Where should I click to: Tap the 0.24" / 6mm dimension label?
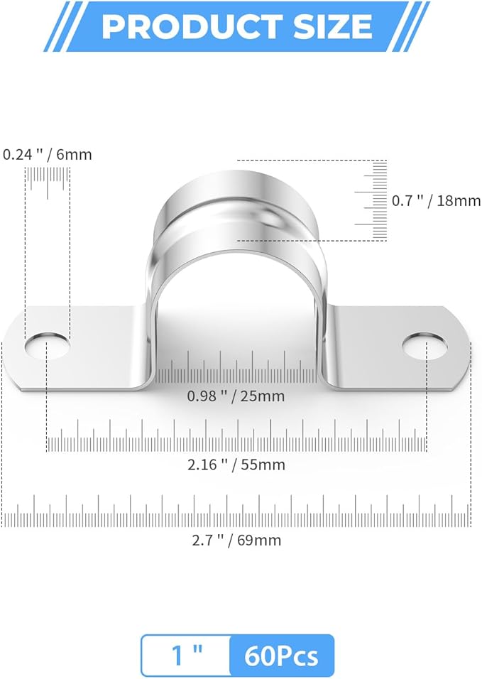(x=48, y=154)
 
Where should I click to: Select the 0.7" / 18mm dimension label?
(x=436, y=201)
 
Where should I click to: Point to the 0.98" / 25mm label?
(x=236, y=396)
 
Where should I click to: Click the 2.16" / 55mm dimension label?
(x=236, y=465)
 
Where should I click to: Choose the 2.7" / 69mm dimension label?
(x=236, y=540)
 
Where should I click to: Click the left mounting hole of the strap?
(x=48, y=345)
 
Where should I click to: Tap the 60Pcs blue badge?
(x=281, y=656)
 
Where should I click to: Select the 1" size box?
(x=186, y=656)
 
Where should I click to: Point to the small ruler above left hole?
(x=48, y=182)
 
